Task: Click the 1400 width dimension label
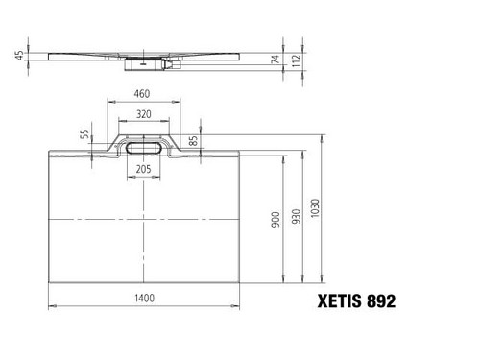[x=144, y=299]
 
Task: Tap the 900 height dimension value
[x=276, y=220]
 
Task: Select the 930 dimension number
[x=297, y=216]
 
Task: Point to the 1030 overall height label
[x=315, y=208]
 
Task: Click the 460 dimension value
[x=142, y=94]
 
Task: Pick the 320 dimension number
[x=144, y=114]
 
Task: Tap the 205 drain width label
[x=143, y=169]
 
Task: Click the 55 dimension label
[x=84, y=134]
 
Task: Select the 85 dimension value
[x=193, y=141]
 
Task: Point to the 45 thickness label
[x=19, y=55]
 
